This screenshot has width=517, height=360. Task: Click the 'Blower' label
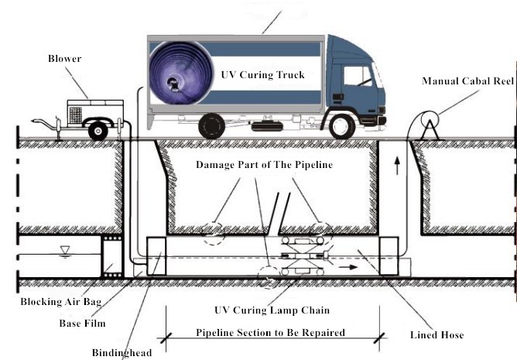(64, 59)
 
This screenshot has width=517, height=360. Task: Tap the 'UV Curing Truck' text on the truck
(262, 75)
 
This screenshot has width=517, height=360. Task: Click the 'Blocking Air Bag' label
(47, 302)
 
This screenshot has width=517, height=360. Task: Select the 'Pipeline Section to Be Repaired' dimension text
(269, 333)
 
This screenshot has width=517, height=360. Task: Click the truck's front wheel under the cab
(341, 125)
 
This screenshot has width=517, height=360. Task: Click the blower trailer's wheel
(98, 131)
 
